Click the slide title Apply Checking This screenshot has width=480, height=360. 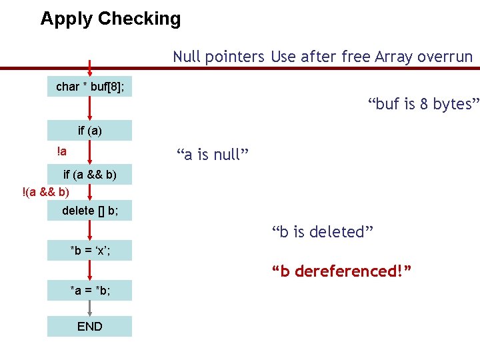[x=110, y=19]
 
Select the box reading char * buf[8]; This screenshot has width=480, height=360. [x=89, y=87]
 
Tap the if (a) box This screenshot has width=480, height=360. [x=89, y=131]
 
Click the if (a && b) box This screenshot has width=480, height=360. [x=89, y=175]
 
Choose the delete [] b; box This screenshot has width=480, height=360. [x=89, y=211]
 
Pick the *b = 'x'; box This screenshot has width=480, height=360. [x=89, y=251]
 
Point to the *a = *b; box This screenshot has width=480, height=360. [x=89, y=291]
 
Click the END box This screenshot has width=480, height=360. [x=89, y=326]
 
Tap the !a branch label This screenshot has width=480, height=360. [x=61, y=151]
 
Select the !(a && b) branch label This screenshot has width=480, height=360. [x=45, y=193]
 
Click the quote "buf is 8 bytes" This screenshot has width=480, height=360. [x=423, y=104]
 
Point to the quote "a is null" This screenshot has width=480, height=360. [x=213, y=155]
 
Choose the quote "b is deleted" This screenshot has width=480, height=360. [x=322, y=232]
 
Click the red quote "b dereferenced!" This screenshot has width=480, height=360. [x=341, y=271]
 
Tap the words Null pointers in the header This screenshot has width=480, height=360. [x=219, y=57]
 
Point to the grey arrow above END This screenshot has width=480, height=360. [x=89, y=307]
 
